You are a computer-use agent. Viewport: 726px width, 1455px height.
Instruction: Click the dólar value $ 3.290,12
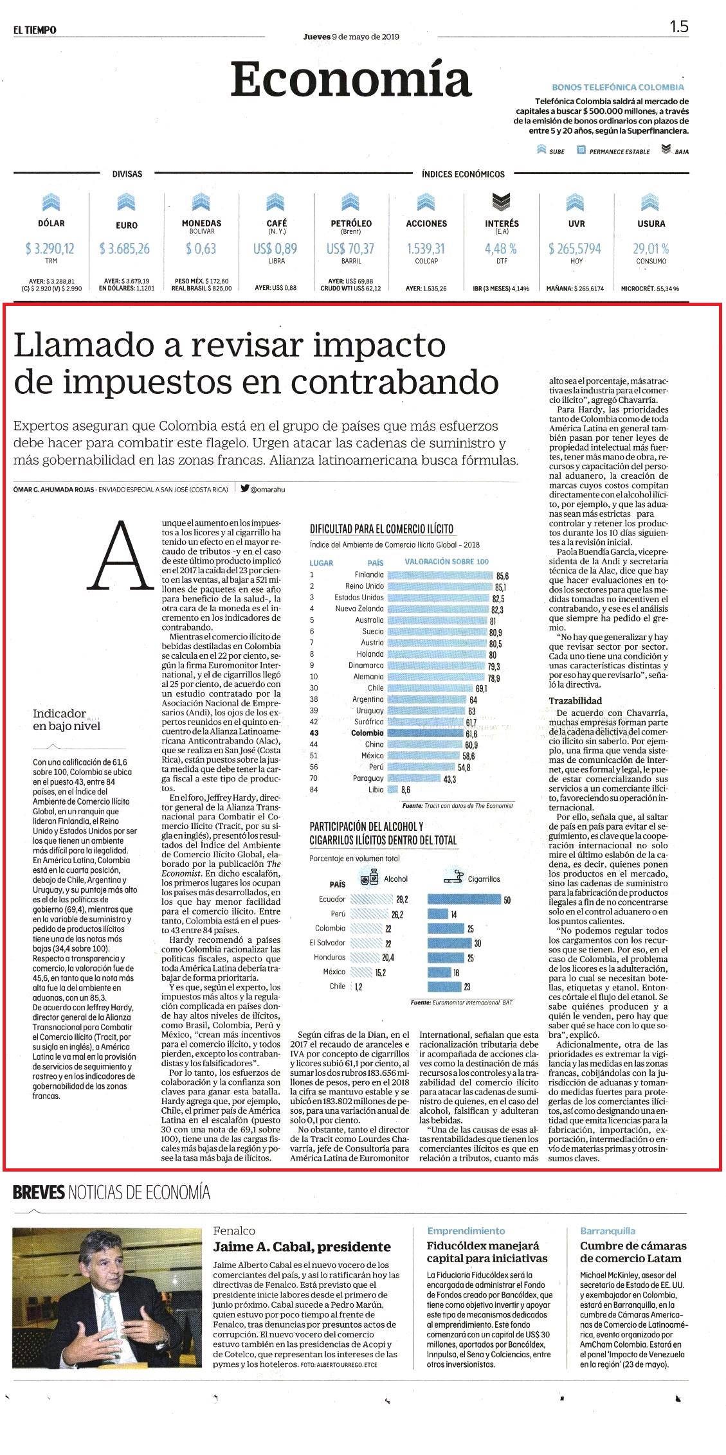point(50,249)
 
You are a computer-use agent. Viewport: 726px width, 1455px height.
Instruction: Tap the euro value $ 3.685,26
point(125,249)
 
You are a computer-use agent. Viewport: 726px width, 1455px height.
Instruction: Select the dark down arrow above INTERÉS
point(502,202)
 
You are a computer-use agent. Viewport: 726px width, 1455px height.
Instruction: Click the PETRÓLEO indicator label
point(351,223)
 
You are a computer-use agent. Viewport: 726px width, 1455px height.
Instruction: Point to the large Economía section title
point(351,80)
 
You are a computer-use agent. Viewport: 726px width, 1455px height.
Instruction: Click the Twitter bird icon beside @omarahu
point(244,488)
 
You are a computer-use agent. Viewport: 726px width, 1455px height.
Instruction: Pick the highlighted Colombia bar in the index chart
point(424,733)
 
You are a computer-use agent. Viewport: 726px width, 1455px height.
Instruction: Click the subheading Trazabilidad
point(575,701)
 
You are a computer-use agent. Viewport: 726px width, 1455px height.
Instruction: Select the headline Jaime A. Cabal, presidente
point(302,1247)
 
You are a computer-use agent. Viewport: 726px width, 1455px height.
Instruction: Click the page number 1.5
point(679,26)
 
